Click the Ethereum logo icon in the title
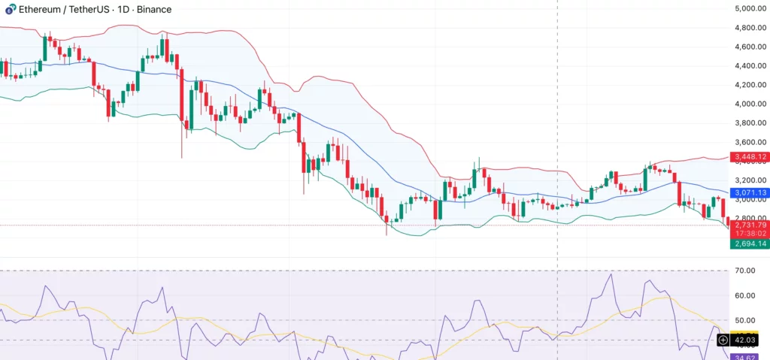pos(8,10)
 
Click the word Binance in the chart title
pos(152,10)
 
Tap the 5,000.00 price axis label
pos(750,9)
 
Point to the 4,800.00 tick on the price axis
pos(750,28)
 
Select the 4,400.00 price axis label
pos(750,66)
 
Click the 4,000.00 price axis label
pos(750,104)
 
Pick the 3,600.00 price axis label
pos(750,142)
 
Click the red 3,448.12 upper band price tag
pos(750,157)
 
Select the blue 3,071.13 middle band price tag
pos(750,193)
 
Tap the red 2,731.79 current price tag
pos(750,225)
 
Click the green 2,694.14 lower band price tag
pos(750,244)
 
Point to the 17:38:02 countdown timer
pos(750,234)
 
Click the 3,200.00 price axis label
pos(750,180)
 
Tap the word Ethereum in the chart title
pos(41,10)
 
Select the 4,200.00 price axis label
pos(750,85)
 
